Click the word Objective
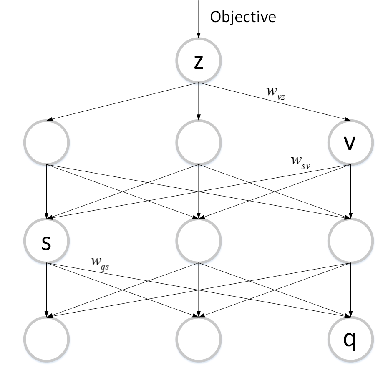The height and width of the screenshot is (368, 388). [243, 17]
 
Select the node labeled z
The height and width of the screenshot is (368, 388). [199, 63]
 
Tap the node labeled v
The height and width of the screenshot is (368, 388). [350, 143]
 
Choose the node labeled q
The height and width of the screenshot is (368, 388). [350, 340]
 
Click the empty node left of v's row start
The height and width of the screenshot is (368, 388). [47, 143]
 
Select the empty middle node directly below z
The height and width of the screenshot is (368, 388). [199, 143]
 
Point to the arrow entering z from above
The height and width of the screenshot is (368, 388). [199, 21]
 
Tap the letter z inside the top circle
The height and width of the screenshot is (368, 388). [199, 63]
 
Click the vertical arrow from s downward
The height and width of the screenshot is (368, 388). [47, 288]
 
